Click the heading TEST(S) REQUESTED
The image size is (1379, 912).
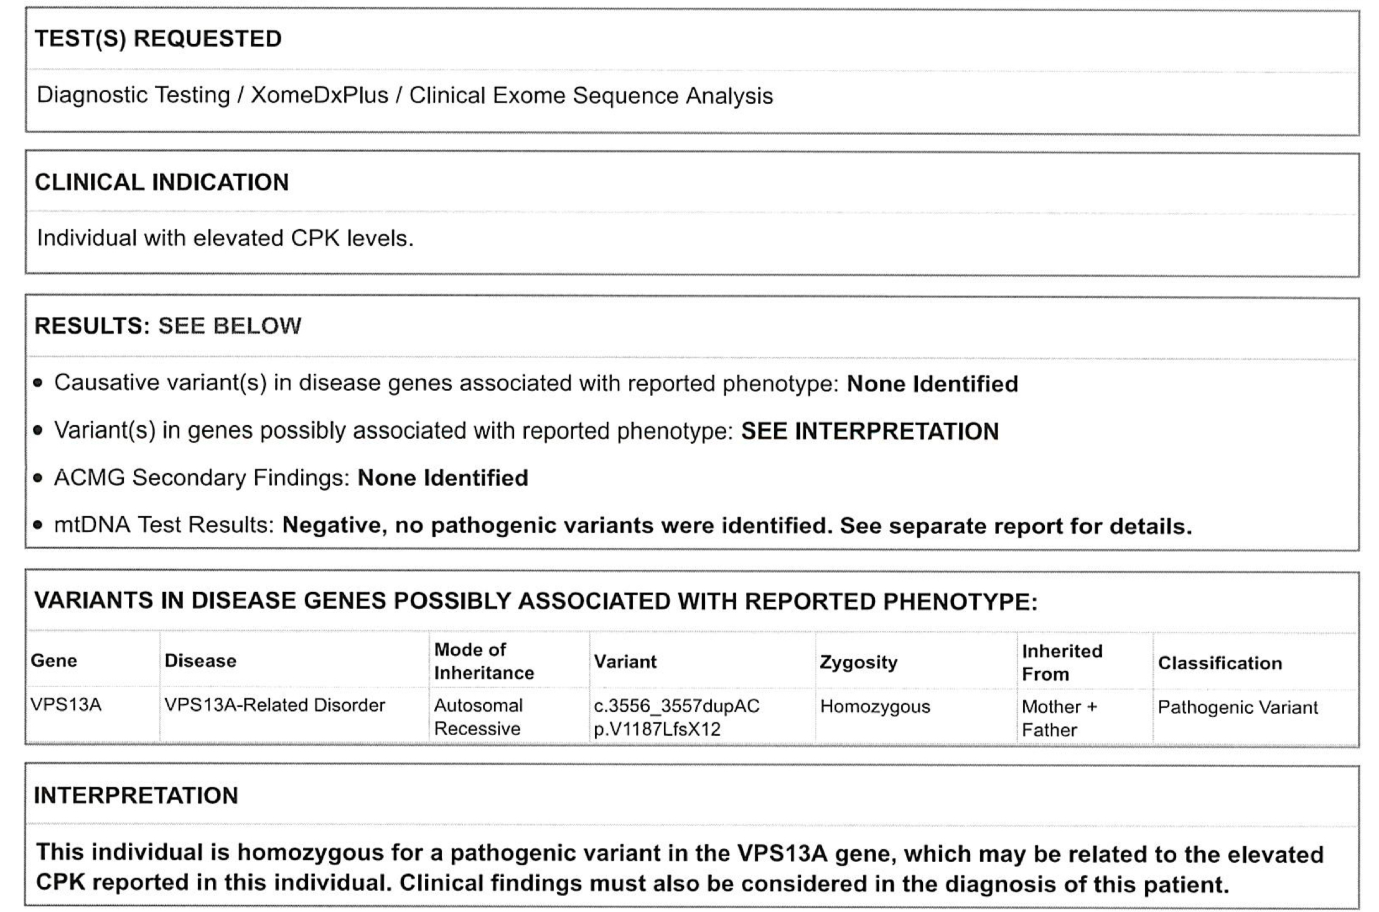click(158, 39)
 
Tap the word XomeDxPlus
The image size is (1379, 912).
click(319, 95)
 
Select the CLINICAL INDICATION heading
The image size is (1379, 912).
click(162, 182)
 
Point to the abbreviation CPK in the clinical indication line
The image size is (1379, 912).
click(315, 238)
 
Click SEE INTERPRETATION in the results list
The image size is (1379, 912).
click(869, 431)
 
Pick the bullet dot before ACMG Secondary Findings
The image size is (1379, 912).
click(39, 479)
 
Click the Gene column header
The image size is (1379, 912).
click(54, 660)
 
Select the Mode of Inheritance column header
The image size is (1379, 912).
click(484, 661)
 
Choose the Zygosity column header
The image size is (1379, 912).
click(858, 662)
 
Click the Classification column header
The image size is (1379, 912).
click(1220, 664)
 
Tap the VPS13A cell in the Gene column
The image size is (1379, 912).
click(66, 705)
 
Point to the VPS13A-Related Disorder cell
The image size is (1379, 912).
click(274, 705)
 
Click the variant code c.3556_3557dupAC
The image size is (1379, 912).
click(676, 706)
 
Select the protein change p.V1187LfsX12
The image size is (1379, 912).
click(657, 729)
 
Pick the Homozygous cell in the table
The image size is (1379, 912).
click(875, 707)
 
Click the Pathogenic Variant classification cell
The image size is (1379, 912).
click(1238, 708)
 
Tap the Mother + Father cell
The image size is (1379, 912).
click(1059, 718)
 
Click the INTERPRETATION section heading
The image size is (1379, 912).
click(136, 796)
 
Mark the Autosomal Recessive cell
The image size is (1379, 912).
click(478, 717)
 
